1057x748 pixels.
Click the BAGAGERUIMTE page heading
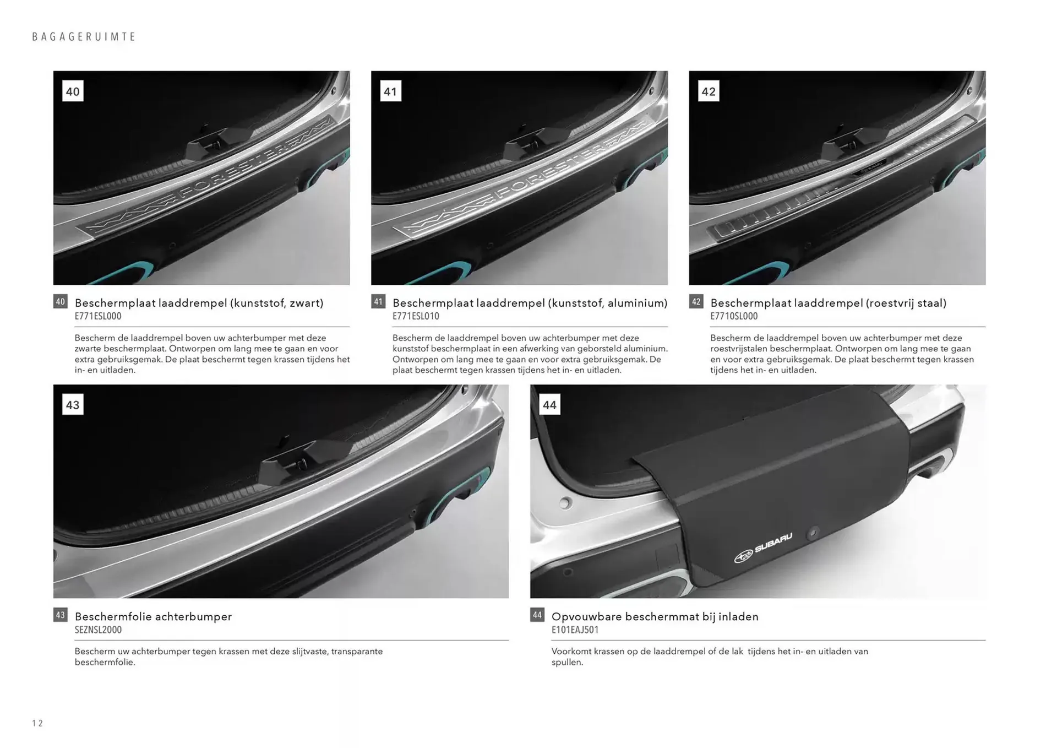(x=84, y=37)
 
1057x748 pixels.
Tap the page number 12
(x=37, y=723)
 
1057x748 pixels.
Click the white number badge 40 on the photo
(x=73, y=91)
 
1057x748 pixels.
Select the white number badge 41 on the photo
(x=390, y=91)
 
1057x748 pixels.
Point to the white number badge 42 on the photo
(x=709, y=91)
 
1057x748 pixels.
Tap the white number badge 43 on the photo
(x=73, y=405)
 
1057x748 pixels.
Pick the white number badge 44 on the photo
(x=549, y=405)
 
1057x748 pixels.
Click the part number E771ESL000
(x=98, y=316)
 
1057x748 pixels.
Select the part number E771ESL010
(x=416, y=316)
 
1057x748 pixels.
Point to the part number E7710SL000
(x=734, y=316)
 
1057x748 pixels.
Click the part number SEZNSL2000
(x=98, y=630)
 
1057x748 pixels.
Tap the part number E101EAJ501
(x=575, y=630)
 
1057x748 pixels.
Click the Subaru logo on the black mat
(x=763, y=548)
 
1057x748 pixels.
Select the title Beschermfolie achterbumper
(x=153, y=616)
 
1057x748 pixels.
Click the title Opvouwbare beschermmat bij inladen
(x=655, y=616)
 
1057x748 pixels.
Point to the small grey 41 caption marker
(x=378, y=301)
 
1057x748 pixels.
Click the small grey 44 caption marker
(x=537, y=615)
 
